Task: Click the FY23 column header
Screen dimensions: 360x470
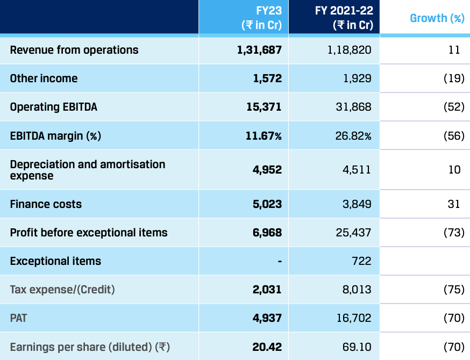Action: (x=262, y=18)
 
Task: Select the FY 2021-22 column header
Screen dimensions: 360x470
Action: (x=344, y=18)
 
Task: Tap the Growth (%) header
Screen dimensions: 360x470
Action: (x=437, y=18)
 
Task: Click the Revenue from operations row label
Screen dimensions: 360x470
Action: (x=74, y=50)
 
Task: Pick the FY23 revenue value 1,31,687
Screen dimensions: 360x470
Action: (x=259, y=50)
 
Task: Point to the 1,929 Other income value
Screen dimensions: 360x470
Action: (x=357, y=78)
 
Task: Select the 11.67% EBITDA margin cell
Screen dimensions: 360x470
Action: (x=264, y=136)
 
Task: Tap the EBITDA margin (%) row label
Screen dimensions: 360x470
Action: (x=55, y=136)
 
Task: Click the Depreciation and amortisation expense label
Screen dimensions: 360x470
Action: (x=87, y=170)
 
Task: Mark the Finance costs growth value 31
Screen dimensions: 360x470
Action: (x=454, y=204)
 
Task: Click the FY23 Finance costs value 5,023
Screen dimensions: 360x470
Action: (x=267, y=204)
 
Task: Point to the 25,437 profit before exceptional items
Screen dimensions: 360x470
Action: (x=353, y=233)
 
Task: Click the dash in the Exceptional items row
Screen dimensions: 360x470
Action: (x=279, y=262)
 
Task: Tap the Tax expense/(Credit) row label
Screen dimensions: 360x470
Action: (x=62, y=290)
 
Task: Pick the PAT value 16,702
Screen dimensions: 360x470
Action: (x=353, y=318)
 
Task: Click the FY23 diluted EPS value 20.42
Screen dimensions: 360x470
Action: (x=267, y=347)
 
